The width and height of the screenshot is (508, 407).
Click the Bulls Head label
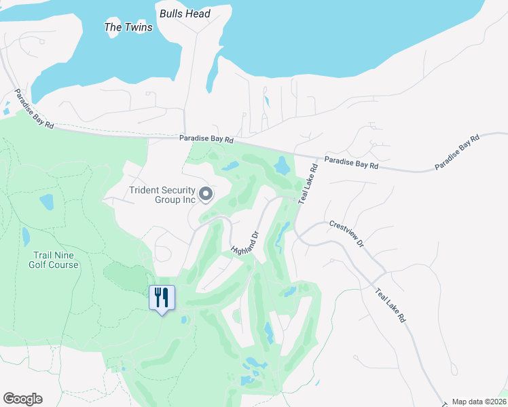point(185,14)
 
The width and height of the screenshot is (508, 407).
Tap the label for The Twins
point(128,27)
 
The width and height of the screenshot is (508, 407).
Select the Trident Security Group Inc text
point(162,195)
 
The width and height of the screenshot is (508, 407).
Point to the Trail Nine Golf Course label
point(54,260)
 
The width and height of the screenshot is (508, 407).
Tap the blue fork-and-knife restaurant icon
point(162,298)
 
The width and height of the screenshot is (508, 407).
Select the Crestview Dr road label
point(346,233)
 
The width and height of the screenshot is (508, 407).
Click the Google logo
point(22,398)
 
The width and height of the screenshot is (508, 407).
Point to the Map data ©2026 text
point(479,402)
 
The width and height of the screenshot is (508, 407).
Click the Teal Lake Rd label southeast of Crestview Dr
point(392,303)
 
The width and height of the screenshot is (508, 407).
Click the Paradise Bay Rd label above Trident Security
point(206,140)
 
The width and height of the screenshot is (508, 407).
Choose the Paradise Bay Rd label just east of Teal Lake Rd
point(350,163)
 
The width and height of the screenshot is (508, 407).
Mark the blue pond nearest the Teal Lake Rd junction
point(281,164)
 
